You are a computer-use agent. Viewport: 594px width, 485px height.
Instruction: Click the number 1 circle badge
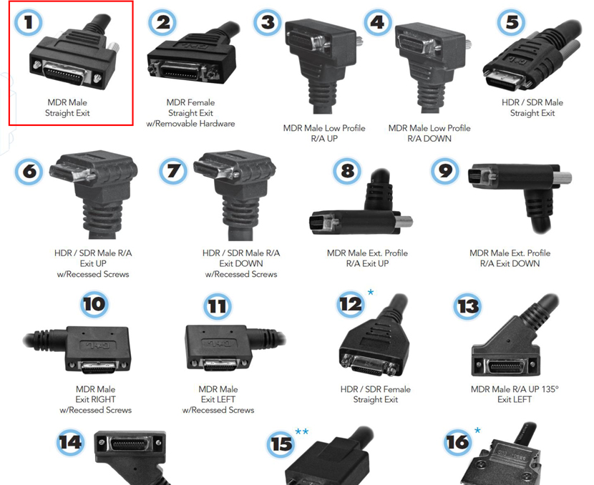coord(28,22)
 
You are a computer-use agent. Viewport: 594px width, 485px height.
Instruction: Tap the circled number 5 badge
coord(512,22)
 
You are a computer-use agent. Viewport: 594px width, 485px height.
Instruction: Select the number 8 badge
coord(347,171)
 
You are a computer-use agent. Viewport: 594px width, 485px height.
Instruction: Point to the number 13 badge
coord(468,306)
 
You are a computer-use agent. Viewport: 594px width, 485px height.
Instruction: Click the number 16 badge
coord(458,442)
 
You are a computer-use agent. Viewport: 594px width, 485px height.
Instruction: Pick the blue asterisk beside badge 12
coord(371,293)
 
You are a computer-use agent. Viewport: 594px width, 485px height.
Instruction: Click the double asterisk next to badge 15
coord(302,431)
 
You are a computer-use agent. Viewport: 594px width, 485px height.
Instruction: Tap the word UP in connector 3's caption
coord(332,139)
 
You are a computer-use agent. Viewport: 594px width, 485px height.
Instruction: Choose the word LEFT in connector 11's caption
coord(226,399)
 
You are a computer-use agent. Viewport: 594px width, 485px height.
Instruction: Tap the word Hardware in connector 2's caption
coord(217,124)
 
